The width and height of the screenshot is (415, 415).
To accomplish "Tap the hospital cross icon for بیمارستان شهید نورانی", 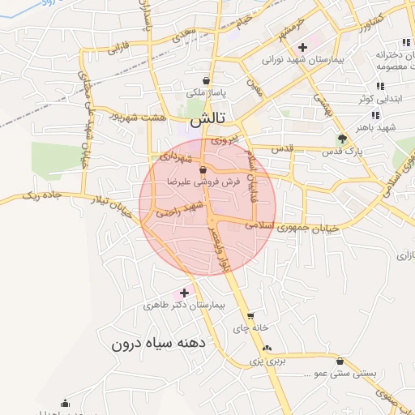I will [302, 47].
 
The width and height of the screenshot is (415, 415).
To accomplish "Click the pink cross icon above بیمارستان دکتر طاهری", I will [184, 292].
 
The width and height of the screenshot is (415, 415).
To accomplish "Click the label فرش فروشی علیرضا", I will [202, 183].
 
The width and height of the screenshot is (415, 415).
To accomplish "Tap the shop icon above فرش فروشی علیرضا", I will [202, 169].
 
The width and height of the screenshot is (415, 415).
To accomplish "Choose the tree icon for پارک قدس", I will [342, 139].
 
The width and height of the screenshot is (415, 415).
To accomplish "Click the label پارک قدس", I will [341, 152].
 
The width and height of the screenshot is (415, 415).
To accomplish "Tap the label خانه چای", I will [249, 329].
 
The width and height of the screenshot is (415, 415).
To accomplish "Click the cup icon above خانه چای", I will [250, 316].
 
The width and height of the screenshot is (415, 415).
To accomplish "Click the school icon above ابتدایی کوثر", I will [379, 86].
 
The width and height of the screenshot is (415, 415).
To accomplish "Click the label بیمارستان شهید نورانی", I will [305, 60].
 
